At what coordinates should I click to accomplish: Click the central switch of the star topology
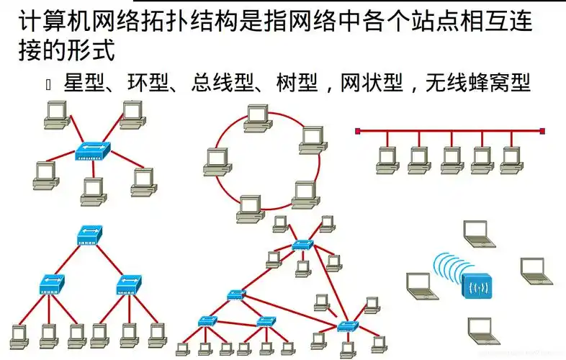(x=93, y=150)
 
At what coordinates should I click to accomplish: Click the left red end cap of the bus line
(x=358, y=131)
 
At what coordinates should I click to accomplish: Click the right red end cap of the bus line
(x=542, y=131)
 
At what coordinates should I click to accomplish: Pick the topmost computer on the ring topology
(x=256, y=117)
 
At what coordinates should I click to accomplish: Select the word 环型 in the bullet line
(x=148, y=84)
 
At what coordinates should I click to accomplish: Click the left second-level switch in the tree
(x=52, y=283)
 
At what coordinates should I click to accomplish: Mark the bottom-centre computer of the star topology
(x=93, y=189)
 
